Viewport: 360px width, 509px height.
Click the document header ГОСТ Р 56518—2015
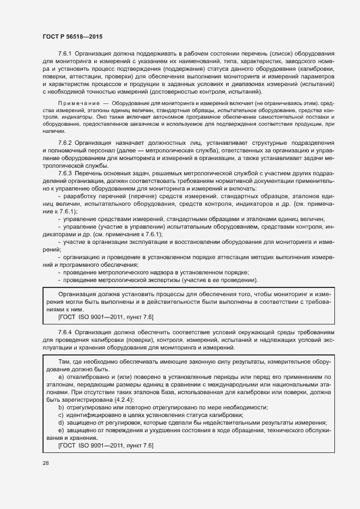72,36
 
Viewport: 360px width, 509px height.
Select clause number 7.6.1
66,53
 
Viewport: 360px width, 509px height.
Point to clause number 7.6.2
66,142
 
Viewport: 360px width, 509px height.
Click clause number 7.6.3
66,173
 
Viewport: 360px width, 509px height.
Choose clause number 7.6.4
66,332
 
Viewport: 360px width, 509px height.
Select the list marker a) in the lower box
60,377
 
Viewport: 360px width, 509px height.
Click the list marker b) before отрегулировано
60,408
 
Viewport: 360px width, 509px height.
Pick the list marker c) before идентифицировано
60,415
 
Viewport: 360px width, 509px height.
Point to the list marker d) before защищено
60,423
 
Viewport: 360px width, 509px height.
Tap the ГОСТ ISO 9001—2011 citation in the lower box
106,446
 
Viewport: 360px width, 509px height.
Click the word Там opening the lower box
64,361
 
